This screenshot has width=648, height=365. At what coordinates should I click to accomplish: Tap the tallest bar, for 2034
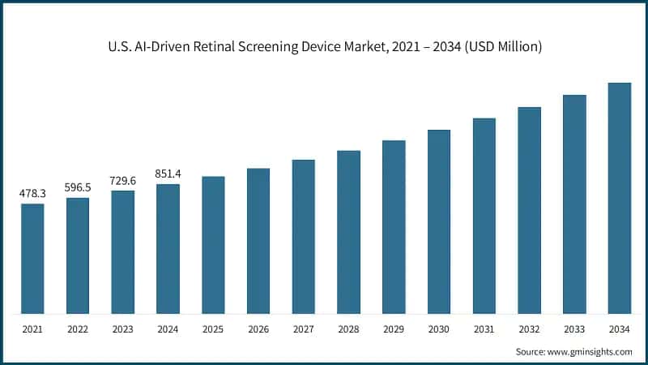click(620, 198)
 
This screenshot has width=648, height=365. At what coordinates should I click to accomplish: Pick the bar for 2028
click(348, 232)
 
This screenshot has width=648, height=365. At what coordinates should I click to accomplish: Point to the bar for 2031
click(484, 216)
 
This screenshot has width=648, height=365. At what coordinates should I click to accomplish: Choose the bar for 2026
click(258, 241)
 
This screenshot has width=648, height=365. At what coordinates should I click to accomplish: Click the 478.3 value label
click(32, 194)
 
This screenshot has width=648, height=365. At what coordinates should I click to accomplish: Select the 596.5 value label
click(78, 187)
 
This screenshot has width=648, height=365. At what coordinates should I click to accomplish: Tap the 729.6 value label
click(123, 181)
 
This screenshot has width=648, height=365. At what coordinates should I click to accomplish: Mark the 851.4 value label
click(168, 174)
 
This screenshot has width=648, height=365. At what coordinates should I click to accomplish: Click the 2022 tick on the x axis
click(78, 329)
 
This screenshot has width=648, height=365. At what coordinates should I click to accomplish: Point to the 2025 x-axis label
click(213, 329)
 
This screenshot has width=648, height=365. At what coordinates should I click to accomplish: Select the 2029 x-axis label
click(394, 329)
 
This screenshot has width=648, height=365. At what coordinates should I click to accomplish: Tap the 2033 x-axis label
click(574, 329)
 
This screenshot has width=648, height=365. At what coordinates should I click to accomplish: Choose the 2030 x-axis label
click(439, 329)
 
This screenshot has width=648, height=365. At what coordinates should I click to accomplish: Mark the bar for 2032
click(529, 210)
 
